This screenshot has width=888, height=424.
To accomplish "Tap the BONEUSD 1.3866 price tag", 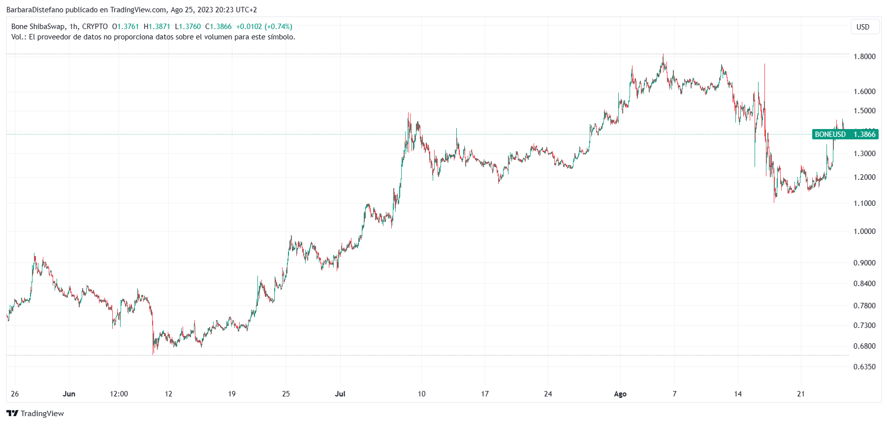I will pyautogui.click(x=845, y=134).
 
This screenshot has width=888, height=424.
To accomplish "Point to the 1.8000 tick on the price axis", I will pyautogui.click(x=864, y=57).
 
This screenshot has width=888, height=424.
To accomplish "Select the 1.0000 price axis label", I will pyautogui.click(x=864, y=231).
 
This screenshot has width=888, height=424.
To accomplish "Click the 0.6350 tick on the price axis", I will pyautogui.click(x=864, y=367).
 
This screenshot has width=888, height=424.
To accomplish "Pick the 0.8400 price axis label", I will pyautogui.click(x=864, y=284).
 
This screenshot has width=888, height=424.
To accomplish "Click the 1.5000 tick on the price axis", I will pyautogui.click(x=864, y=111).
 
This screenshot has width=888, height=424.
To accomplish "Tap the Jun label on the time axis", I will pyautogui.click(x=69, y=394).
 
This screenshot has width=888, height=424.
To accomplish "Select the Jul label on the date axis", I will pyautogui.click(x=340, y=394).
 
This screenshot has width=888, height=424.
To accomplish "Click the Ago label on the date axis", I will pyautogui.click(x=620, y=394).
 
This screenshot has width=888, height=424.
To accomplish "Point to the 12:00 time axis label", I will pyautogui.click(x=119, y=394).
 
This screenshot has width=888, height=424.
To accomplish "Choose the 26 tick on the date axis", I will pyautogui.click(x=15, y=394).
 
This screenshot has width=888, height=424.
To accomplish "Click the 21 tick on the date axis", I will pyautogui.click(x=801, y=394).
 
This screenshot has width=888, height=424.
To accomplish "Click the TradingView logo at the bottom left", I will pyautogui.click(x=35, y=413).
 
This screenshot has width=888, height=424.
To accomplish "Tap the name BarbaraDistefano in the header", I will pyautogui.click(x=35, y=10).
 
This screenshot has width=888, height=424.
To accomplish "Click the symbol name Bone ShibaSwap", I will pyautogui.click(x=37, y=27).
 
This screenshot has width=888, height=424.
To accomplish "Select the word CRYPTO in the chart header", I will pyautogui.click(x=95, y=27).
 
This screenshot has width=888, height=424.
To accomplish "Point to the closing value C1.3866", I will pyautogui.click(x=218, y=27).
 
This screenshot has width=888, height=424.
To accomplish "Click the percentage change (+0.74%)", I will pyautogui.click(x=278, y=27).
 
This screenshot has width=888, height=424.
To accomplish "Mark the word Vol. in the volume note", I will pyautogui.click(x=17, y=37).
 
